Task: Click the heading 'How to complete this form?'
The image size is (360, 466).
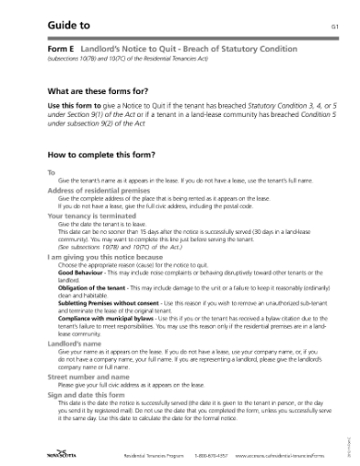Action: point(101,155)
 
